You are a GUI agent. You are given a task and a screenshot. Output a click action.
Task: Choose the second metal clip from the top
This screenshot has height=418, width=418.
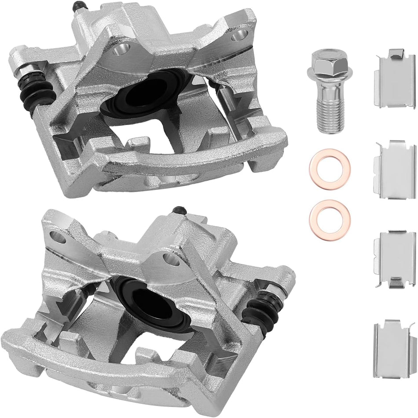coord(394,170)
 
